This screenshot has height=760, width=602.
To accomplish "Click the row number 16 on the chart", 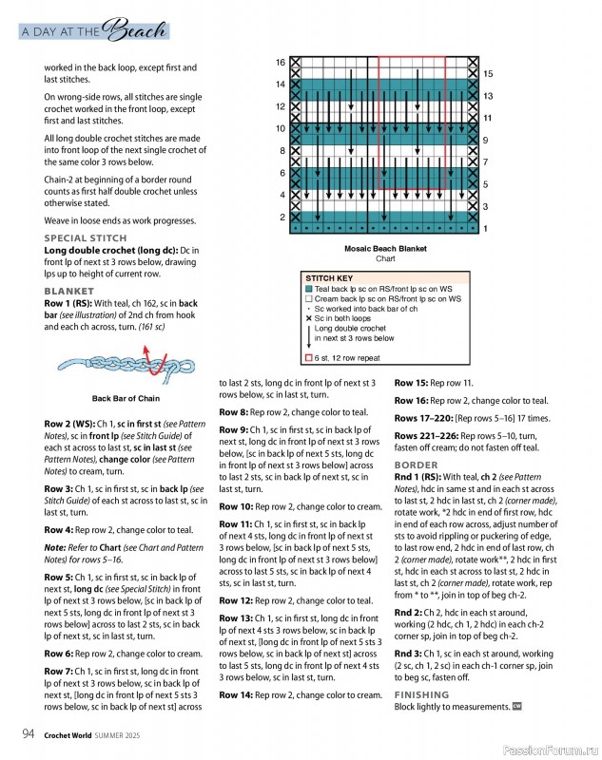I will (x=281, y=63).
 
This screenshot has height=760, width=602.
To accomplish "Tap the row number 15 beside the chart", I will (x=488, y=73).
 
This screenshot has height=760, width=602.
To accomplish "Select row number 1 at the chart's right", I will (x=485, y=229).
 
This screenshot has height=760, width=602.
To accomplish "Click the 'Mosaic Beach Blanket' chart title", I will (x=385, y=248).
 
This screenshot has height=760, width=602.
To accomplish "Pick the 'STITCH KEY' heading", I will (x=329, y=278).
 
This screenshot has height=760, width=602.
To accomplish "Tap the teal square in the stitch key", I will (x=309, y=289).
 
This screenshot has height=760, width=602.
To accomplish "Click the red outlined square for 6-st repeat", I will (x=309, y=358).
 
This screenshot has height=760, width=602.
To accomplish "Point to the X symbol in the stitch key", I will (x=309, y=318).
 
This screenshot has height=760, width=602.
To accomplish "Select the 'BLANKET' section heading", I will (x=69, y=291).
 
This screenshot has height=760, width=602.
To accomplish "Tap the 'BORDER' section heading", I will (x=416, y=465).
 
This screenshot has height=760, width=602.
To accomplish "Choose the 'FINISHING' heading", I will (x=422, y=695).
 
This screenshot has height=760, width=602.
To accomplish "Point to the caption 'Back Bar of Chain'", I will (x=126, y=399).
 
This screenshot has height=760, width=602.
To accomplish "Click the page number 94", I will (x=29, y=732).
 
